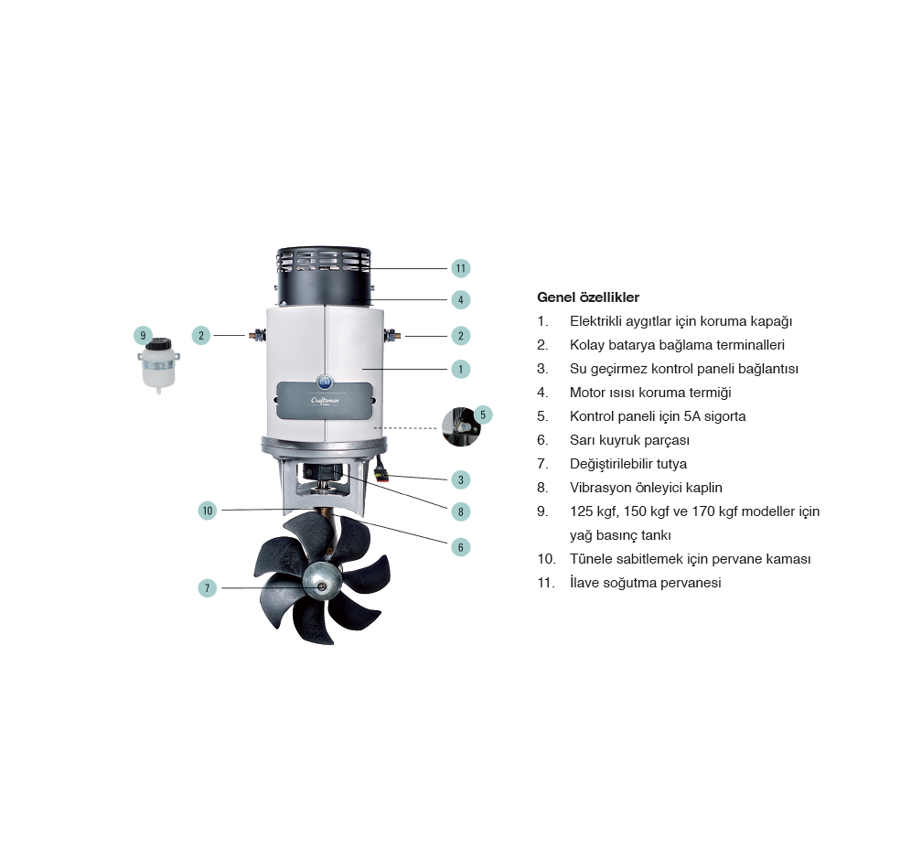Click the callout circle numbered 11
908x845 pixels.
pos(460,268)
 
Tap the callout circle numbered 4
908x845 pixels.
pos(460,300)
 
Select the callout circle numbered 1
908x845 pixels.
pos(460,369)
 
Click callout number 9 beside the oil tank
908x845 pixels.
pos(143,336)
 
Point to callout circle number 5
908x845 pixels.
pos(483,415)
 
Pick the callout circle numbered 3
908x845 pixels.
pos(460,480)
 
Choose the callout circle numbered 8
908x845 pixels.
pos(460,511)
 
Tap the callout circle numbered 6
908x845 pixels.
pos(460,547)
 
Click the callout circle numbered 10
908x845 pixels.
pos(207,510)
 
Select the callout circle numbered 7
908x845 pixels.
pos(207,588)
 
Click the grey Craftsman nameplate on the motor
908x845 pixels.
pos(324,401)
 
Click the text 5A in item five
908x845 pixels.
pos(693,416)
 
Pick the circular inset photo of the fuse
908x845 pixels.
pos(461,427)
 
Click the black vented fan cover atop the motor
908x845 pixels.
pos(324,277)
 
